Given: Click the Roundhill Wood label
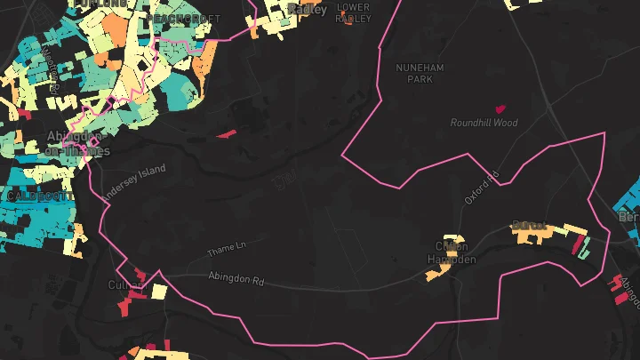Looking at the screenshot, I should point(484,123).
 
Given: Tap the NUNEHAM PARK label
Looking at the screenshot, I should point(420,73).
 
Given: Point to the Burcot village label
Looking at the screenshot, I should point(528,226).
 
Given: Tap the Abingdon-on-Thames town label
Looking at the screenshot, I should point(79,143).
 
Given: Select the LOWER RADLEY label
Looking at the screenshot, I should point(353,12).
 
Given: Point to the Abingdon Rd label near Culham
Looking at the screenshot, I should point(236,278).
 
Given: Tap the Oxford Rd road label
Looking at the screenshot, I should point(483,188).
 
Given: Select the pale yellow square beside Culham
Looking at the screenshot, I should point(159,291).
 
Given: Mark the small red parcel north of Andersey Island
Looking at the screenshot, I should point(227,134).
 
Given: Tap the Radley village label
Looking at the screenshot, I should point(307,9).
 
